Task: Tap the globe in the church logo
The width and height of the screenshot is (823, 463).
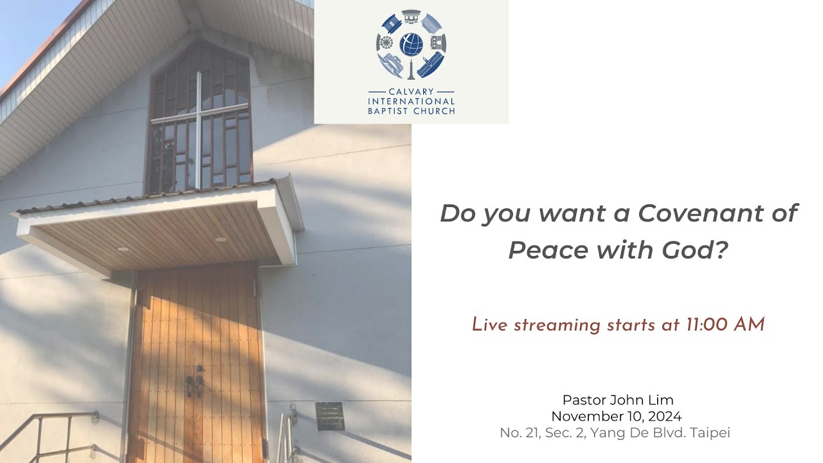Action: click(x=411, y=45)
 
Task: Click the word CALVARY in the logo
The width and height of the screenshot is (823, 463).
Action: click(x=411, y=92)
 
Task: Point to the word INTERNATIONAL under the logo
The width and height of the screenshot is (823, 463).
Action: click(x=411, y=101)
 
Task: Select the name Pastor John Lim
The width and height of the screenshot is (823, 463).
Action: click(x=618, y=400)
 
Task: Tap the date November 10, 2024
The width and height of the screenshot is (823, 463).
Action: click(x=617, y=416)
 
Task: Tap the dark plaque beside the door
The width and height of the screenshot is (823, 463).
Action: click(x=330, y=415)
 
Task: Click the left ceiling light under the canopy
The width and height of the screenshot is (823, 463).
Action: click(x=122, y=249)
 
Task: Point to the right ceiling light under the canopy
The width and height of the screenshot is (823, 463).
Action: click(x=221, y=239)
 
